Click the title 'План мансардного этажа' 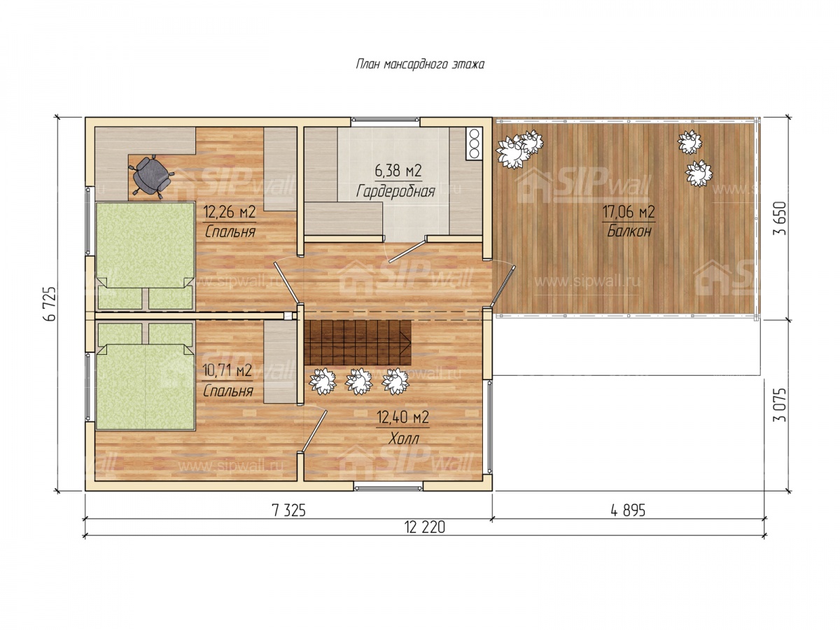pyautogui.click(x=419, y=64)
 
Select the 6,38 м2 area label pyautogui.click(x=398, y=171)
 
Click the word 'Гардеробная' pyautogui.click(x=395, y=191)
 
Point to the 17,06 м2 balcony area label pyautogui.click(x=629, y=211)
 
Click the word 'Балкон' pyautogui.click(x=629, y=231)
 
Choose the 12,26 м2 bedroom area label pyautogui.click(x=229, y=211)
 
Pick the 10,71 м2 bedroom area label pyautogui.click(x=227, y=370)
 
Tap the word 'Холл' pyautogui.click(x=403, y=439)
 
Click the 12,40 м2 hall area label pyautogui.click(x=402, y=417)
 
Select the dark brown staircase pyautogui.click(x=358, y=343)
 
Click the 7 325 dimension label pyautogui.click(x=288, y=510)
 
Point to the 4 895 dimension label pyautogui.click(x=628, y=510)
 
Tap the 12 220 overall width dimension pyautogui.click(x=425, y=528)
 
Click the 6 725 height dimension pyautogui.click(x=51, y=304)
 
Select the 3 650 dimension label pyautogui.click(x=780, y=218)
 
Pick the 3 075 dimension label pyautogui.click(x=780, y=405)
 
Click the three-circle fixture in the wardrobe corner pyautogui.click(x=474, y=143)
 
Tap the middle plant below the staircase pyautogui.click(x=358, y=381)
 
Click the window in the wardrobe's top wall pyautogui.click(x=385, y=120)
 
